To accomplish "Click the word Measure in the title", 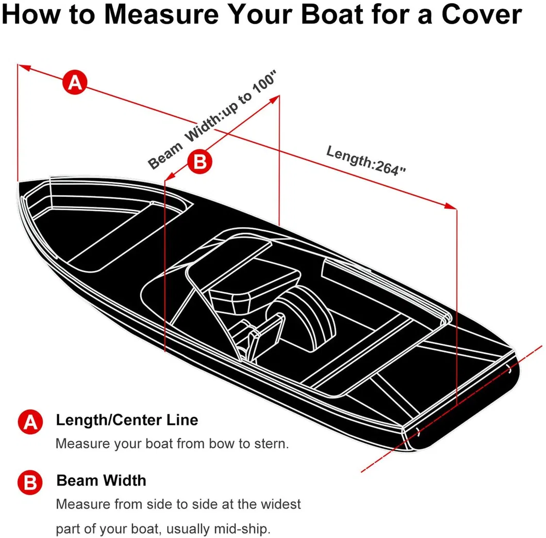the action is [162, 14].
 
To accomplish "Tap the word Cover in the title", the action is [482, 14].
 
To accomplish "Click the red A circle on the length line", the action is [75, 82].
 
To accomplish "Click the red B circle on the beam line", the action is [200, 162].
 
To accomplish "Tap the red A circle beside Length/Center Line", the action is [30, 422].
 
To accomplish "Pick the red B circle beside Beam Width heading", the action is [30, 482].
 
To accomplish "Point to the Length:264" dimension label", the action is [366, 161].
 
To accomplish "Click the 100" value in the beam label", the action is [264, 83].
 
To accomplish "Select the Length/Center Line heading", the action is [127, 420].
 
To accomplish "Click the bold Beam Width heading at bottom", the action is [102, 481].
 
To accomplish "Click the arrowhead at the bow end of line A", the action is [24, 67].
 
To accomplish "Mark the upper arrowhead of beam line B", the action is [275, 99].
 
